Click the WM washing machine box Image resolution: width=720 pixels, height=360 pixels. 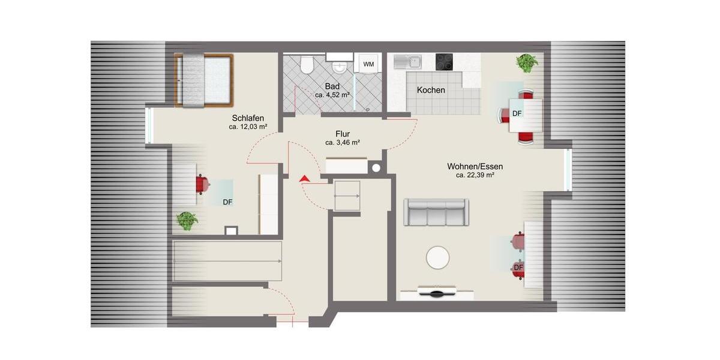point(368,64)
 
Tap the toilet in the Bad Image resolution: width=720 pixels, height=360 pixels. point(307,65)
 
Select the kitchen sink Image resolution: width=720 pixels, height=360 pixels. point(407,61)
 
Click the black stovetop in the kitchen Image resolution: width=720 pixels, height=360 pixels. point(444,61)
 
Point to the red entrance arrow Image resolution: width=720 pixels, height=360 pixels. point(304,178)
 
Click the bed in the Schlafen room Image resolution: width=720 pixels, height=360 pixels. point(203,80)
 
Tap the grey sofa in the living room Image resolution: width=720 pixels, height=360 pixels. point(436,212)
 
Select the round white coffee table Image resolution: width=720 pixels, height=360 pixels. point(437,258)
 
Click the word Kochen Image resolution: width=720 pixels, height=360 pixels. point(431,90)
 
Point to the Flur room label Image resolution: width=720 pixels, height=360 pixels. point(343,134)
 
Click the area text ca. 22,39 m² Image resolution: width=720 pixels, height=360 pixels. point(475,175)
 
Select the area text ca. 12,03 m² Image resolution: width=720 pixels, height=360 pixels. point(248,127)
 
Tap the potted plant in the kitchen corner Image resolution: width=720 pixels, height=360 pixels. point(527,62)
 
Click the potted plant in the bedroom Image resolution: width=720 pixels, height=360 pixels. point(187,221)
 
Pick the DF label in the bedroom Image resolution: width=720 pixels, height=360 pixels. point(227,202)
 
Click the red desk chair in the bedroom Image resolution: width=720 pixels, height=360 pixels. point(202,184)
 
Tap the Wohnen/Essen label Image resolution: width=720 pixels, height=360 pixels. point(475,166)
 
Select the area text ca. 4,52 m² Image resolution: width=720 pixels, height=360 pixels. point(332,95)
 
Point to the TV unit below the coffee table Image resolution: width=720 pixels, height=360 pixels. point(437,294)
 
